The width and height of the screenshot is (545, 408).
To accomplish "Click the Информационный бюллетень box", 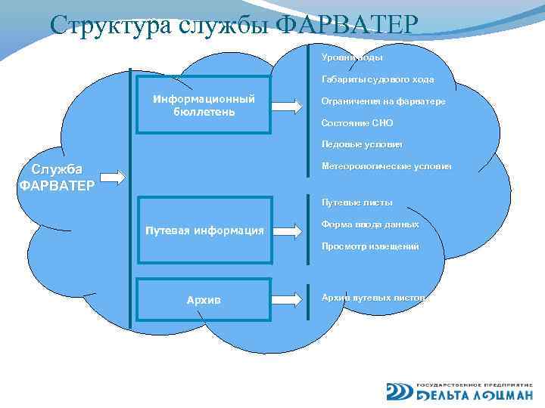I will [x=204, y=106].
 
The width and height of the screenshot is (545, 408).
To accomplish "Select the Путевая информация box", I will [x=204, y=230].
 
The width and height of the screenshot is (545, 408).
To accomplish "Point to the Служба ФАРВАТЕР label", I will [x=56, y=178].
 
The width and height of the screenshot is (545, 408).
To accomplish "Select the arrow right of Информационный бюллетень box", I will [x=288, y=106].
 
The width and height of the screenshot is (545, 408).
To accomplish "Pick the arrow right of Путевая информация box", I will [x=288, y=230].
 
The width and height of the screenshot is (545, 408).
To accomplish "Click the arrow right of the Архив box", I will [x=288, y=299].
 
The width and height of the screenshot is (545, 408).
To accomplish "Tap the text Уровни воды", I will [x=352, y=57].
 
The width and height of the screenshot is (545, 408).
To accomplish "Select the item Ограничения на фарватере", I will [x=383, y=100].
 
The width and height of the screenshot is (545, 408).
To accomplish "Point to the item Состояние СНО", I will [x=357, y=122].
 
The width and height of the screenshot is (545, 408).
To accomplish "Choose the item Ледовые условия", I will [x=362, y=144].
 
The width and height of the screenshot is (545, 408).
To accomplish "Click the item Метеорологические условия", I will [x=386, y=165].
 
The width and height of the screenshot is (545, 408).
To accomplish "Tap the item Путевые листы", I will [x=357, y=202].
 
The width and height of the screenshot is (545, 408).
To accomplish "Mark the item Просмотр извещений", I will [x=369, y=246].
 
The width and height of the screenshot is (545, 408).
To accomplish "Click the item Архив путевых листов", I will [x=374, y=298].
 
